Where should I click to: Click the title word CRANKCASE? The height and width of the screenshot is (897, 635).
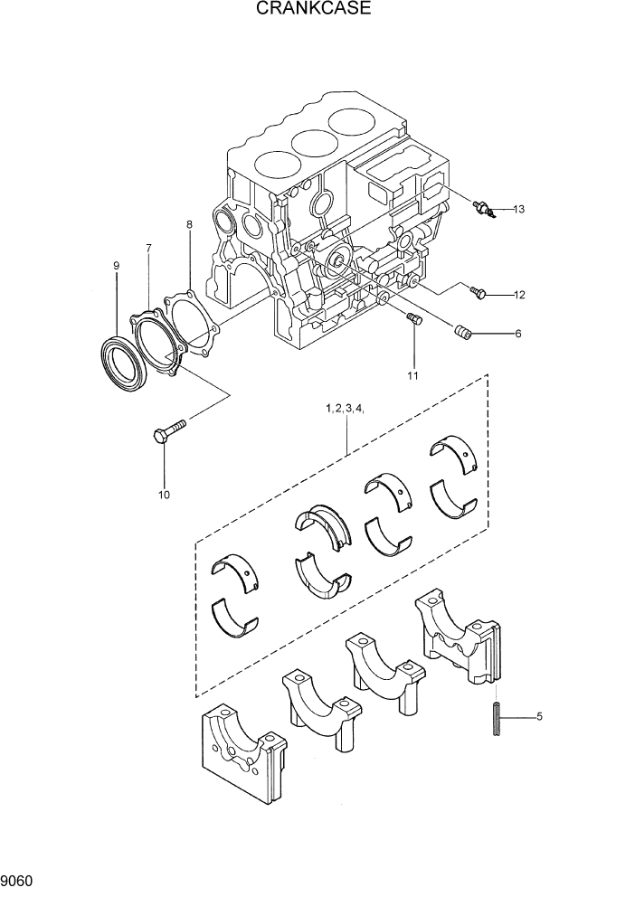click(314, 10)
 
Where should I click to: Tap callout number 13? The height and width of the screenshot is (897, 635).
click(518, 210)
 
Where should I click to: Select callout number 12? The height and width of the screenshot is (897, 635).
click(519, 295)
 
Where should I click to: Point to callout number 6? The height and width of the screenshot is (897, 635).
click(518, 334)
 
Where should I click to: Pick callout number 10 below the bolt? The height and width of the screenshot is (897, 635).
click(164, 495)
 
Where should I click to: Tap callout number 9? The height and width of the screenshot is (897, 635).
click(116, 266)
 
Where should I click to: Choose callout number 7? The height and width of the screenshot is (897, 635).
click(148, 247)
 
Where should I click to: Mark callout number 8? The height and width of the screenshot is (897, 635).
click(189, 223)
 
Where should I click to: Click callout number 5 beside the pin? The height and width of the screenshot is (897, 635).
click(539, 718)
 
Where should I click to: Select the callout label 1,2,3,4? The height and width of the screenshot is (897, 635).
click(346, 410)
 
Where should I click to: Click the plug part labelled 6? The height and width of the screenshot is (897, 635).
click(464, 335)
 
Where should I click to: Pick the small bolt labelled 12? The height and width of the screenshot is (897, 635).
click(479, 292)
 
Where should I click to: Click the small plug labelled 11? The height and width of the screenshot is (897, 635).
click(414, 317)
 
